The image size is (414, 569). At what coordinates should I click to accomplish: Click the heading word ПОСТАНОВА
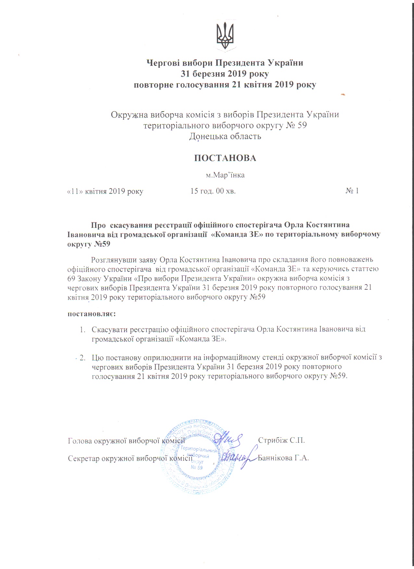click(225, 158)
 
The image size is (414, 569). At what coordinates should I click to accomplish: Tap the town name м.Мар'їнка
click(225, 175)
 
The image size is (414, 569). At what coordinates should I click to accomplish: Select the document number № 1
click(352, 191)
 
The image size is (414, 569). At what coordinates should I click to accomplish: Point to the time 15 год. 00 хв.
click(213, 191)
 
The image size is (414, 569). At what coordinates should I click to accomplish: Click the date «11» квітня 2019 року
click(105, 191)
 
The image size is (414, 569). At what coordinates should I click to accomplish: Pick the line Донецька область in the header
click(225, 136)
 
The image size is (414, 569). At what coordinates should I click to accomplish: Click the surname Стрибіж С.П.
click(281, 440)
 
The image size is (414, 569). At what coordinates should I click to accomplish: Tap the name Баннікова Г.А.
click(283, 458)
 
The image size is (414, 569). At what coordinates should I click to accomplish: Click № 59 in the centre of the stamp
click(197, 467)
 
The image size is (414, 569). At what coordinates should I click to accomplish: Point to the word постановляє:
click(92, 314)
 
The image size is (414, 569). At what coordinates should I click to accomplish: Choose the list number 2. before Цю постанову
click(82, 358)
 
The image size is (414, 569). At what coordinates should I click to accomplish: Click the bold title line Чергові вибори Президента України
click(225, 63)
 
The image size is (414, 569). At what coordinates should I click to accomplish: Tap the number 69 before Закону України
click(71, 278)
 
